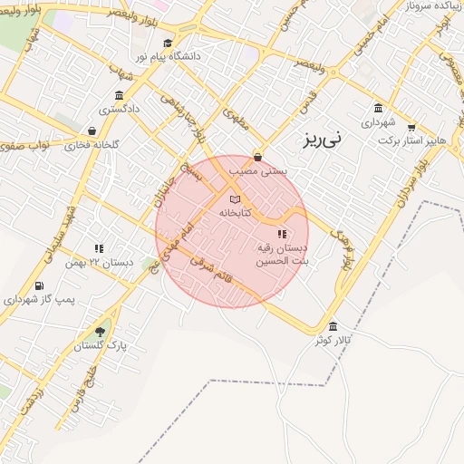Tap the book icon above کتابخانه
(x=235, y=198)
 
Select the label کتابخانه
(x=235, y=213)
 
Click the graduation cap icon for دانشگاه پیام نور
(x=167, y=43)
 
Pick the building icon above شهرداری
(x=378, y=108)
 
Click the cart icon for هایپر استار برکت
(x=411, y=128)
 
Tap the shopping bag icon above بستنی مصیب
(x=258, y=156)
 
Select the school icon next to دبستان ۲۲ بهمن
(x=98, y=247)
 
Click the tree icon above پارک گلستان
(x=99, y=331)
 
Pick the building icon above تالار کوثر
(x=333, y=326)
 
